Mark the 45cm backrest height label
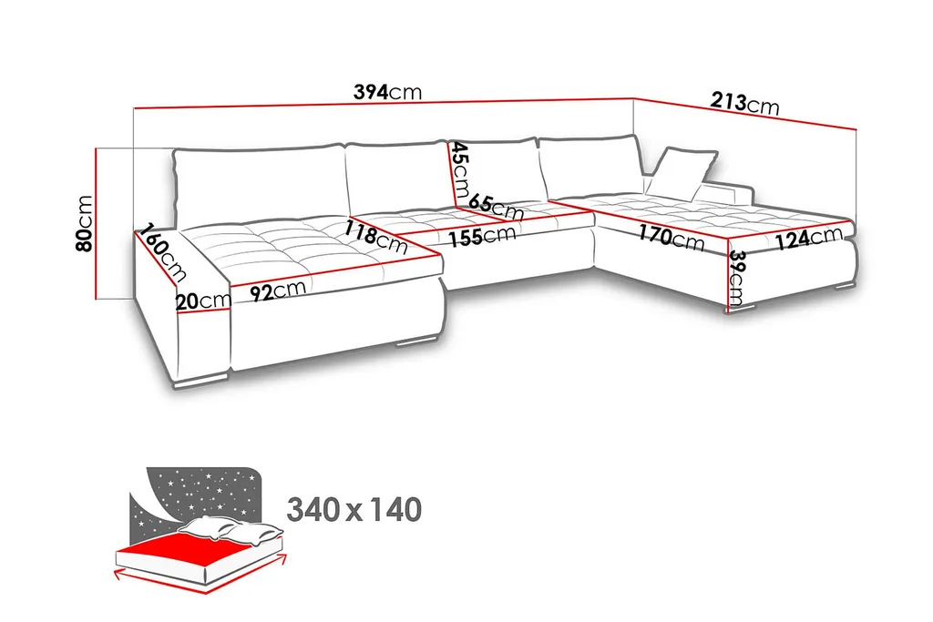click(x=460, y=172)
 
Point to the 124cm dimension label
click(x=809, y=240)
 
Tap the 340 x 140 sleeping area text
click(x=354, y=510)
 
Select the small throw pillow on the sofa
click(x=682, y=172)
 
